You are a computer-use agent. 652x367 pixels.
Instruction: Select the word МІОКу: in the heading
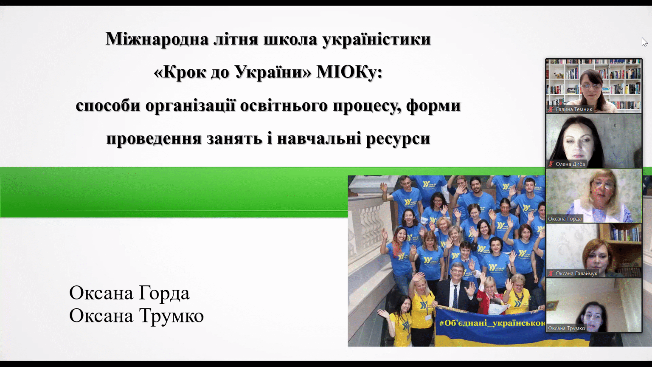tap(349, 72)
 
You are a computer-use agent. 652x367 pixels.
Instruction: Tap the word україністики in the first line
tap(377, 39)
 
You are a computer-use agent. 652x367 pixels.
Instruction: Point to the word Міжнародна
tap(157, 39)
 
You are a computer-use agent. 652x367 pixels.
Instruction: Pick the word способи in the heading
tap(108, 105)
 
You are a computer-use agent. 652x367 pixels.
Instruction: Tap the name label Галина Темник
tap(574, 110)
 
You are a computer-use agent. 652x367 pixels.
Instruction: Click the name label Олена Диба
tap(570, 164)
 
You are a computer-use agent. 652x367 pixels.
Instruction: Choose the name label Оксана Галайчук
tap(576, 274)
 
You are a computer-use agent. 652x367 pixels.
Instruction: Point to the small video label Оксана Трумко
tap(566, 328)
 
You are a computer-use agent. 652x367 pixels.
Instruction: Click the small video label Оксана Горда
tap(565, 219)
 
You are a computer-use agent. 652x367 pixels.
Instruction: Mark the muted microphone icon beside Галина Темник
tap(551, 110)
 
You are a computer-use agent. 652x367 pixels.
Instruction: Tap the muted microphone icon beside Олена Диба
tap(551, 164)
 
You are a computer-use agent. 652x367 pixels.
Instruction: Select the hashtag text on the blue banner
tap(492, 323)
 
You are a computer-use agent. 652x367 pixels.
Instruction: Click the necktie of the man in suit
tap(455, 297)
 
